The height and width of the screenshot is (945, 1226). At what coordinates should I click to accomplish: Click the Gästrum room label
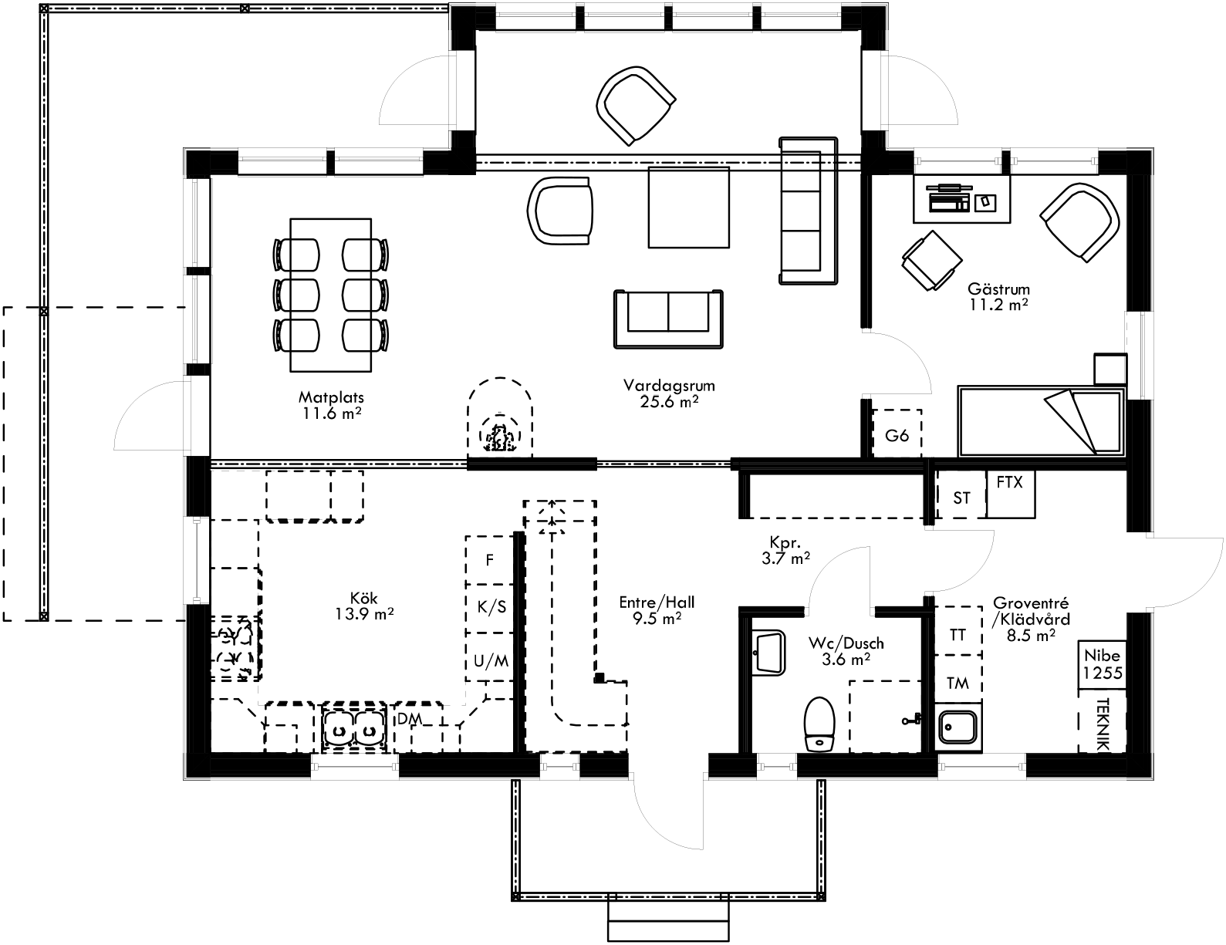(x=998, y=290)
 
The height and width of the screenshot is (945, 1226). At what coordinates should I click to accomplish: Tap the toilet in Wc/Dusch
(x=818, y=724)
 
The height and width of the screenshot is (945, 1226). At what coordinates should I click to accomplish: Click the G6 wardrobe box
(x=897, y=436)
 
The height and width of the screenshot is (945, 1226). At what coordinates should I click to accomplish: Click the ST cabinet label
(x=961, y=498)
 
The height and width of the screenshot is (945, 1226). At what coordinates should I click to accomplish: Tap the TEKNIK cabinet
(x=1102, y=724)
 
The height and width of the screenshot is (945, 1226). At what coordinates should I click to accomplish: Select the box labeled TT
(x=957, y=635)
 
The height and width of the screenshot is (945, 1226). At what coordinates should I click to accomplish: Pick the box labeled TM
(x=957, y=683)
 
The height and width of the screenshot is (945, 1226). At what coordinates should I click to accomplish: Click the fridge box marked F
(x=489, y=560)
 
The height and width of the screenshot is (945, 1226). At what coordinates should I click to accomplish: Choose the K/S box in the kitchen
(x=491, y=607)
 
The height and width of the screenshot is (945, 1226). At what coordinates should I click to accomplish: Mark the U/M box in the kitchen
(x=491, y=660)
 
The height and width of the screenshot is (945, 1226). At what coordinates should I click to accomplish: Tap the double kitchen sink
(x=354, y=727)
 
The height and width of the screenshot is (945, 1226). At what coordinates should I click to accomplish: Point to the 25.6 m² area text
(x=669, y=401)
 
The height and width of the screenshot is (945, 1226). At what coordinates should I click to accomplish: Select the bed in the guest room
(x=1039, y=420)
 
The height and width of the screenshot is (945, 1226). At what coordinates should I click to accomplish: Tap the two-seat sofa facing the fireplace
(x=668, y=318)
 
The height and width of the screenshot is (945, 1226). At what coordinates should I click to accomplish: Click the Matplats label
(x=331, y=398)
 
